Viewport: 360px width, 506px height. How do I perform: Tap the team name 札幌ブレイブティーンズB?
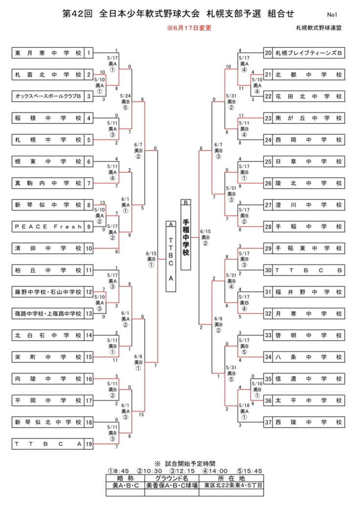[x=308, y=53]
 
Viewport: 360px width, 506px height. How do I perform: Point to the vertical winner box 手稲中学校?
[x=186, y=237]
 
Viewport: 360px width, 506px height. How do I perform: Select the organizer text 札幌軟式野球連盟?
[x=318, y=28]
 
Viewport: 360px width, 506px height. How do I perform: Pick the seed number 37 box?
[x=268, y=422]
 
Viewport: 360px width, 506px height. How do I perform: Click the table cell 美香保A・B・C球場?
[x=172, y=486]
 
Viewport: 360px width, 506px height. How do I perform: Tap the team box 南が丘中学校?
[x=308, y=118]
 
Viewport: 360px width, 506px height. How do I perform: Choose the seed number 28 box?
[x=268, y=226]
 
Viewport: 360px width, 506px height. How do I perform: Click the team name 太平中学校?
[x=308, y=400]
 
